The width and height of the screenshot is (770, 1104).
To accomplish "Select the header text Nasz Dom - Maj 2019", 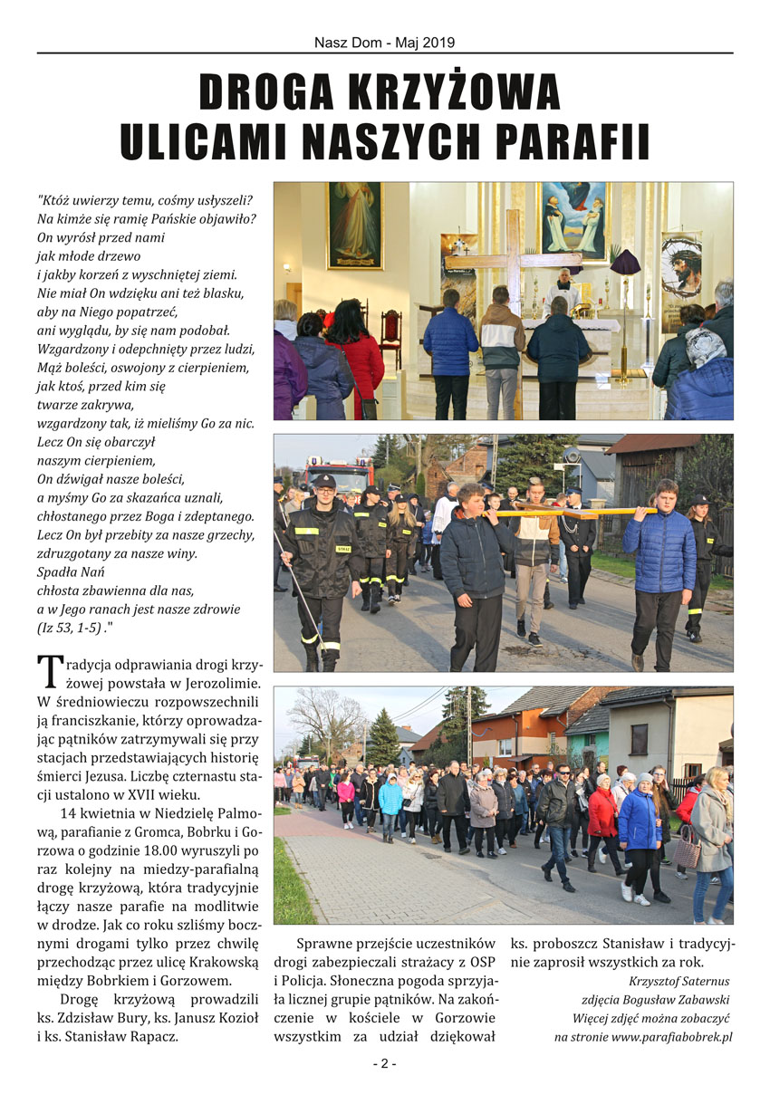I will point(384,43).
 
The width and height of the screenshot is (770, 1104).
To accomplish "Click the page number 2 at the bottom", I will point(384,1063).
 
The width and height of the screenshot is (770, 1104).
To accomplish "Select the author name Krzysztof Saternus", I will point(679,981).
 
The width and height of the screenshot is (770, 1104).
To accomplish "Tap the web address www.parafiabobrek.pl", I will point(671,1036).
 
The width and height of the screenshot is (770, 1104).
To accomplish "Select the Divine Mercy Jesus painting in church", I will point(354,225).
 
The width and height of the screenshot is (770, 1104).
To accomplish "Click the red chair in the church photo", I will point(391,333).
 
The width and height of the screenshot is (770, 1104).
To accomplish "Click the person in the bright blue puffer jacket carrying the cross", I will point(659,562).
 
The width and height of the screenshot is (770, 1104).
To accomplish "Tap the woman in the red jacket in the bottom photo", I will point(602,813).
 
